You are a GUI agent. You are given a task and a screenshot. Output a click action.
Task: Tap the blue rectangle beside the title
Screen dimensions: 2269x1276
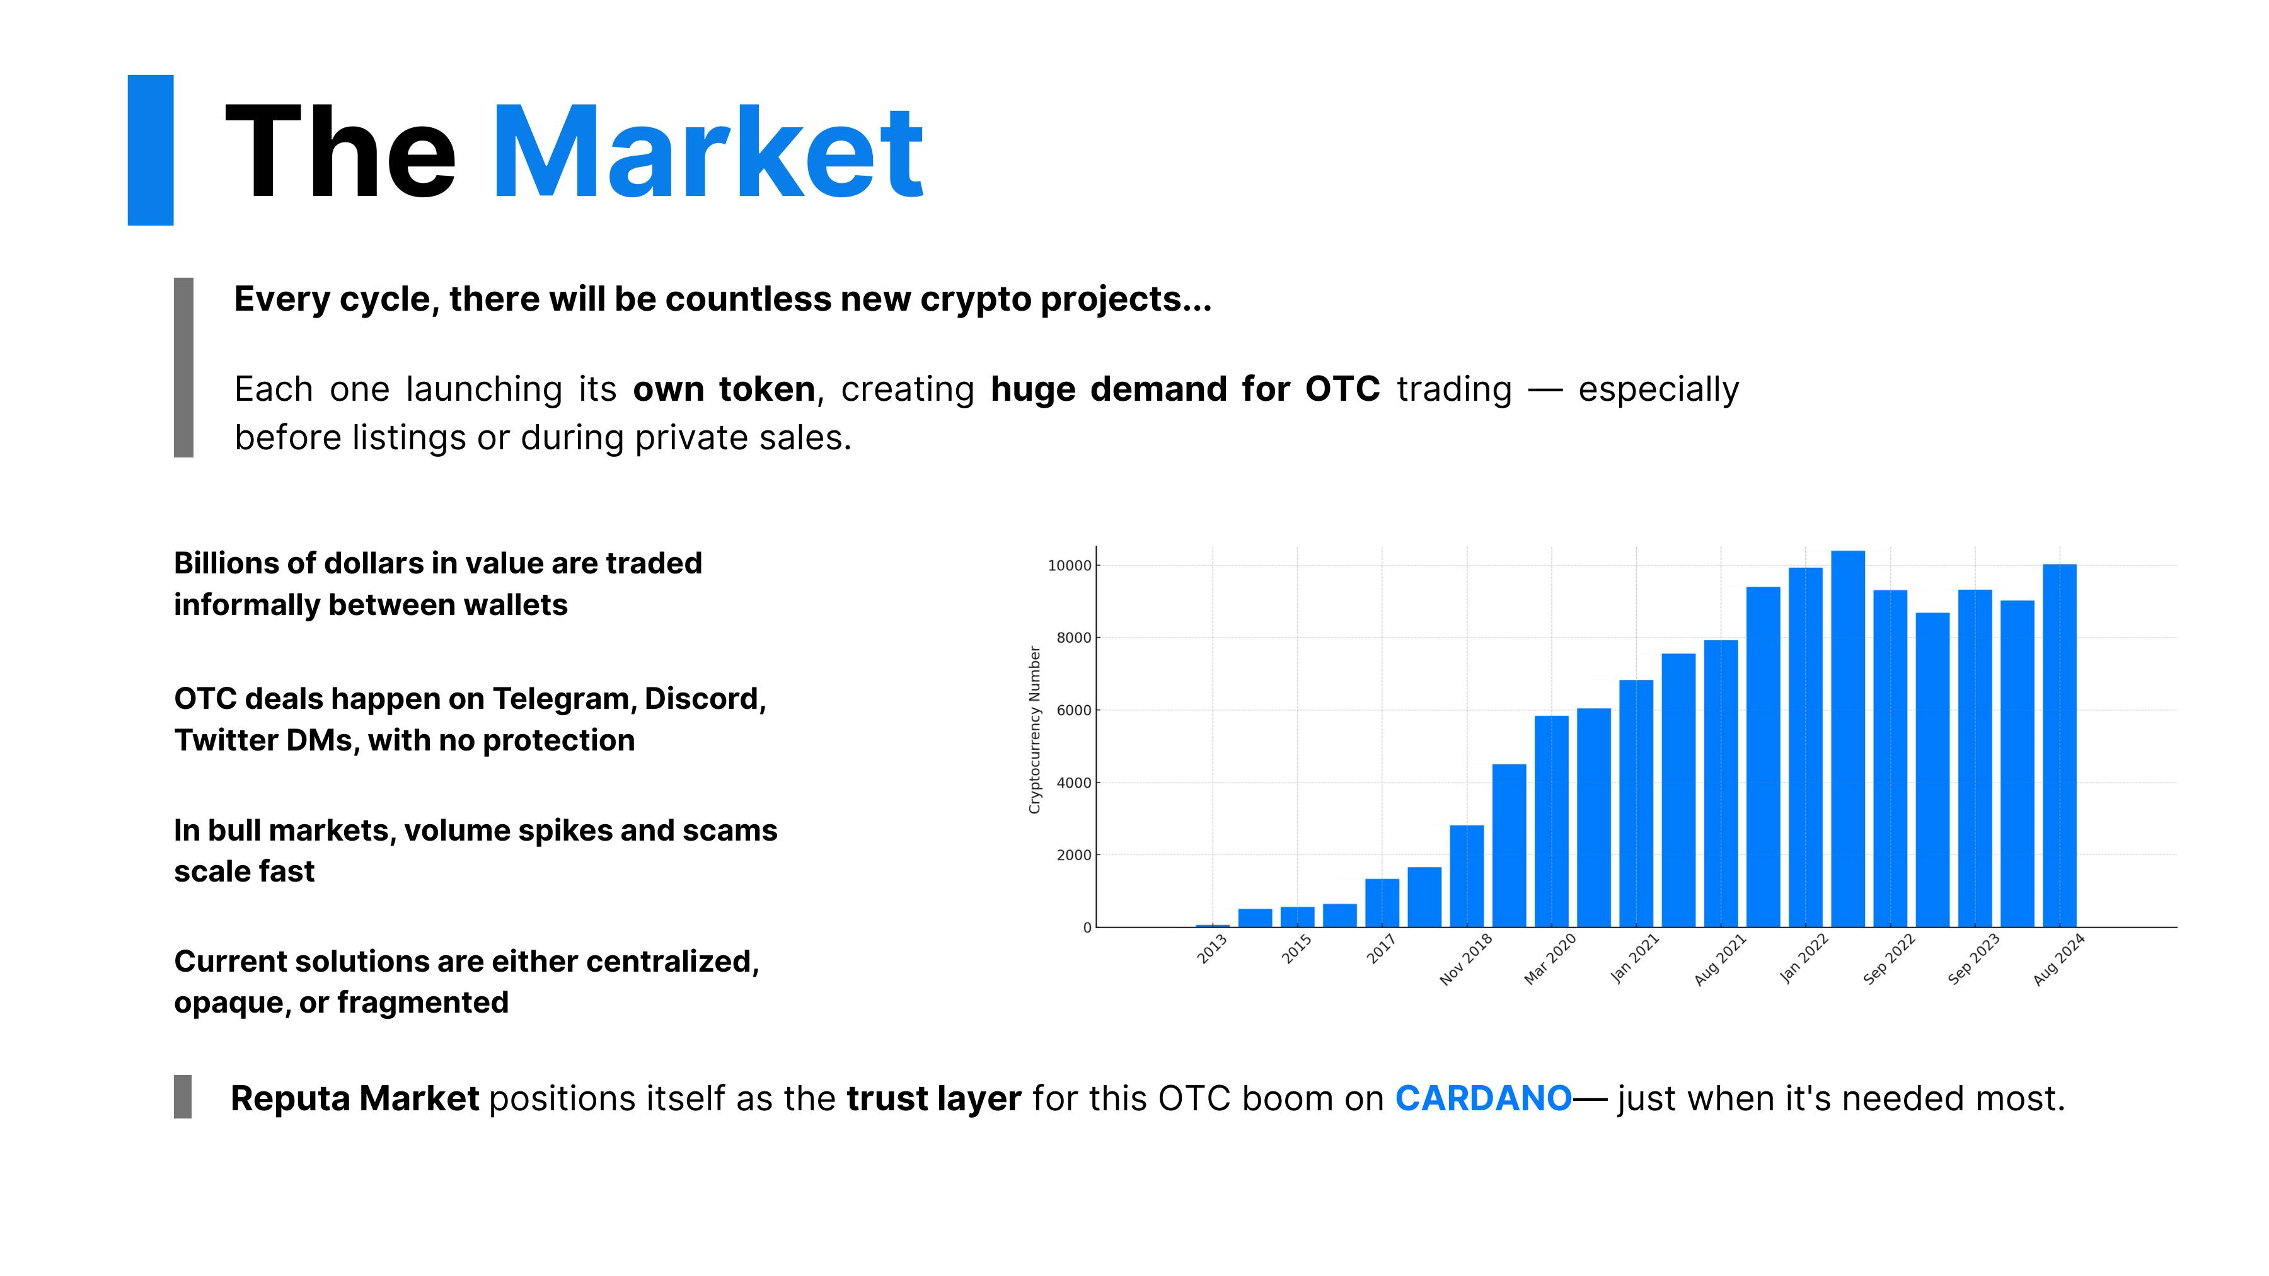pos(151,150)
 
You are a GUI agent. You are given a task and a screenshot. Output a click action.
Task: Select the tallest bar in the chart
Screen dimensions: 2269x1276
pos(1847,739)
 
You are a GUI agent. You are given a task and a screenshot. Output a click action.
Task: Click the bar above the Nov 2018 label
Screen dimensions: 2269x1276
pos(1467,877)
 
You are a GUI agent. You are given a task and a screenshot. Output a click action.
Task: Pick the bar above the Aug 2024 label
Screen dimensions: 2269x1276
pos(2059,746)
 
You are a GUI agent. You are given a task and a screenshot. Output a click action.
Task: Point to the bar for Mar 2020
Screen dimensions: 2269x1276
pos(1551,822)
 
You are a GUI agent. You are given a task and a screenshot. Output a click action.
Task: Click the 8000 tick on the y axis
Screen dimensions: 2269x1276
pos(1074,638)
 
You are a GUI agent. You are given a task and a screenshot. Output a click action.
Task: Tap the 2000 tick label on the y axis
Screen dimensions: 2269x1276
pos(1074,855)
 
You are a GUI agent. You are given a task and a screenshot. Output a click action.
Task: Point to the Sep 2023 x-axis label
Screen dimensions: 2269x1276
pos(1973,959)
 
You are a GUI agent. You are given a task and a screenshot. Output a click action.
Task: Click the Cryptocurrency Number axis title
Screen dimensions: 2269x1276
pos(1035,730)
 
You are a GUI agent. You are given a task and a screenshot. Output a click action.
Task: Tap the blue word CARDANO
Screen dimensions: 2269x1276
pos(1483,1098)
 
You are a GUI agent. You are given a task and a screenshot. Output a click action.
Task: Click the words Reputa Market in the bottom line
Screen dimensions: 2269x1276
pos(355,1098)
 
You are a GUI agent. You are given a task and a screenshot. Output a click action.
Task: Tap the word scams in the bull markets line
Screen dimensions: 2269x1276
pos(730,831)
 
